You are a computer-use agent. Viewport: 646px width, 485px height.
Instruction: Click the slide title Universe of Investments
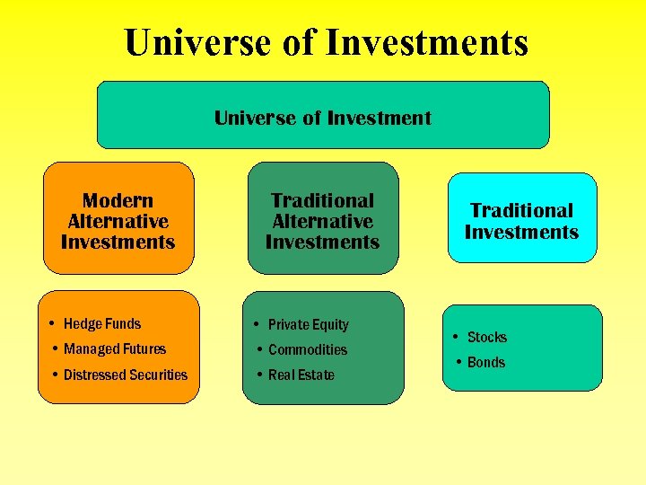tap(327, 42)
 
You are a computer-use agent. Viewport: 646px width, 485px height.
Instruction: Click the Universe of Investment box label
tap(323, 118)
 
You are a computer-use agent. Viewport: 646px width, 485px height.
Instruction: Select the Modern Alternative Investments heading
tap(118, 221)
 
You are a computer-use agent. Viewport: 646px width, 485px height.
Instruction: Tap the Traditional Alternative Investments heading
tap(322, 221)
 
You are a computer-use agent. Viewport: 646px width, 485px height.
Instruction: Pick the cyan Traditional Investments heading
tap(521, 221)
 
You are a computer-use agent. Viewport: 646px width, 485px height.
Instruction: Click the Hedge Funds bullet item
tap(101, 323)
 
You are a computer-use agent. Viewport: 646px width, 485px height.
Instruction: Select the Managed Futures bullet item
tap(114, 348)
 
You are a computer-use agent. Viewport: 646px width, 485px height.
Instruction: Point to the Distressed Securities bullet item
tap(125, 375)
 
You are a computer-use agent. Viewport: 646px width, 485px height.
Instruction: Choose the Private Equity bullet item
tap(308, 324)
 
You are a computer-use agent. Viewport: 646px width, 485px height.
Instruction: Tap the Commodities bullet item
tap(307, 349)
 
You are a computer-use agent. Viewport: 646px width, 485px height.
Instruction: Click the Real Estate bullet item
tap(301, 375)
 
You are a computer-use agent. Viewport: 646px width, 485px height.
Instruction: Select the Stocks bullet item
tap(486, 337)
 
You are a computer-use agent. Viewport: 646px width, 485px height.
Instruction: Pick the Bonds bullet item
tap(485, 362)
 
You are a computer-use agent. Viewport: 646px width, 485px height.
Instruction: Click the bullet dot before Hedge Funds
tap(54, 323)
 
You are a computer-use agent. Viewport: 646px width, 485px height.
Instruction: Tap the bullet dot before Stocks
tap(458, 337)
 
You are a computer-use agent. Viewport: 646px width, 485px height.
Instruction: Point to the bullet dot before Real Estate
tap(258, 375)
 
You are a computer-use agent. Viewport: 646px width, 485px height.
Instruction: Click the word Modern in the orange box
tap(118, 200)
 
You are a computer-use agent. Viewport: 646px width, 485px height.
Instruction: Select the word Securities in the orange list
tap(158, 375)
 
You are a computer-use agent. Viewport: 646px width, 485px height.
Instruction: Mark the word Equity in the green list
tap(330, 324)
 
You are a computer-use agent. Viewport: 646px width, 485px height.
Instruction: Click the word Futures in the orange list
tap(144, 348)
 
